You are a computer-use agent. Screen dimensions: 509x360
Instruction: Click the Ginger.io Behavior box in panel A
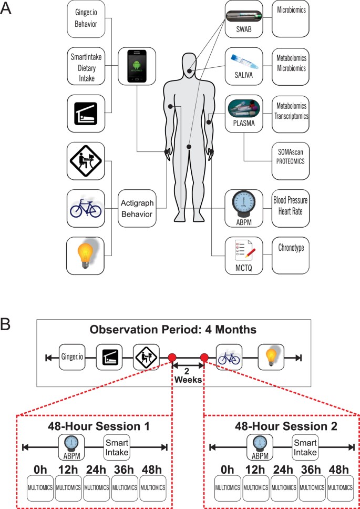(88, 19)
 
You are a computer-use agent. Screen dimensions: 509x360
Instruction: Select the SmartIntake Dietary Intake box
(88, 66)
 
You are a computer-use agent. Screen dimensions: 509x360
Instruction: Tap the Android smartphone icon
(136, 66)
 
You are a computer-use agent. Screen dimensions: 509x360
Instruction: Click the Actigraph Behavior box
(136, 208)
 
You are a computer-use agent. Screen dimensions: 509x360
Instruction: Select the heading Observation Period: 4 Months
(173, 331)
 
